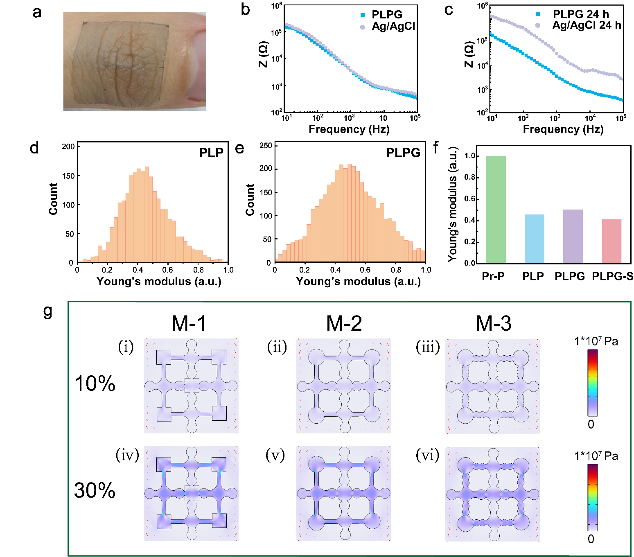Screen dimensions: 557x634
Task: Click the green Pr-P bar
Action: pos(496,210)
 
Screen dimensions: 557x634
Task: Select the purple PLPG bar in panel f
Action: pos(573,236)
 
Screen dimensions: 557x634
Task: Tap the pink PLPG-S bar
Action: pos(611,241)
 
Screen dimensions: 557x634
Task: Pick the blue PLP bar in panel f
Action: pos(534,239)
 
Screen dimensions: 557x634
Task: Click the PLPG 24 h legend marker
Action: pos(538,14)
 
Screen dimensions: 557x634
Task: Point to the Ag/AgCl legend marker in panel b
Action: pos(362,27)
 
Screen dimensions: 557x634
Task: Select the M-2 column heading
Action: pos(344,323)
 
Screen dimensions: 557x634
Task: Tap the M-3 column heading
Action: pos(493,323)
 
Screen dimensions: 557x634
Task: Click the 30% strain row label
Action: pos(95,490)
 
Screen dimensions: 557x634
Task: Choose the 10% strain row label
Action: pos(95,383)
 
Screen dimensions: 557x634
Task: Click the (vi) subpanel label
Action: pos(427,455)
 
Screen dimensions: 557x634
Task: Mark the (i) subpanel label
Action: pos(126,347)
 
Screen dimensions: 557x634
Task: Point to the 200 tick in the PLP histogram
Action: pos(68,147)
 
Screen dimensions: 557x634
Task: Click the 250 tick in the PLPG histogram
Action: pos(266,146)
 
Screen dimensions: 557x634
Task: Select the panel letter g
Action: pos(47,311)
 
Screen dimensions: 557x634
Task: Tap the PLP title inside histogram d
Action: pos(211,153)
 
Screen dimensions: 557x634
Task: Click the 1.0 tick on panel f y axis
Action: pos(470,156)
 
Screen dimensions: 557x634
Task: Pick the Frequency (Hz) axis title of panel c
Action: pos(563,129)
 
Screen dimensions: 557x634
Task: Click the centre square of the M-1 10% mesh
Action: pos(192,386)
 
